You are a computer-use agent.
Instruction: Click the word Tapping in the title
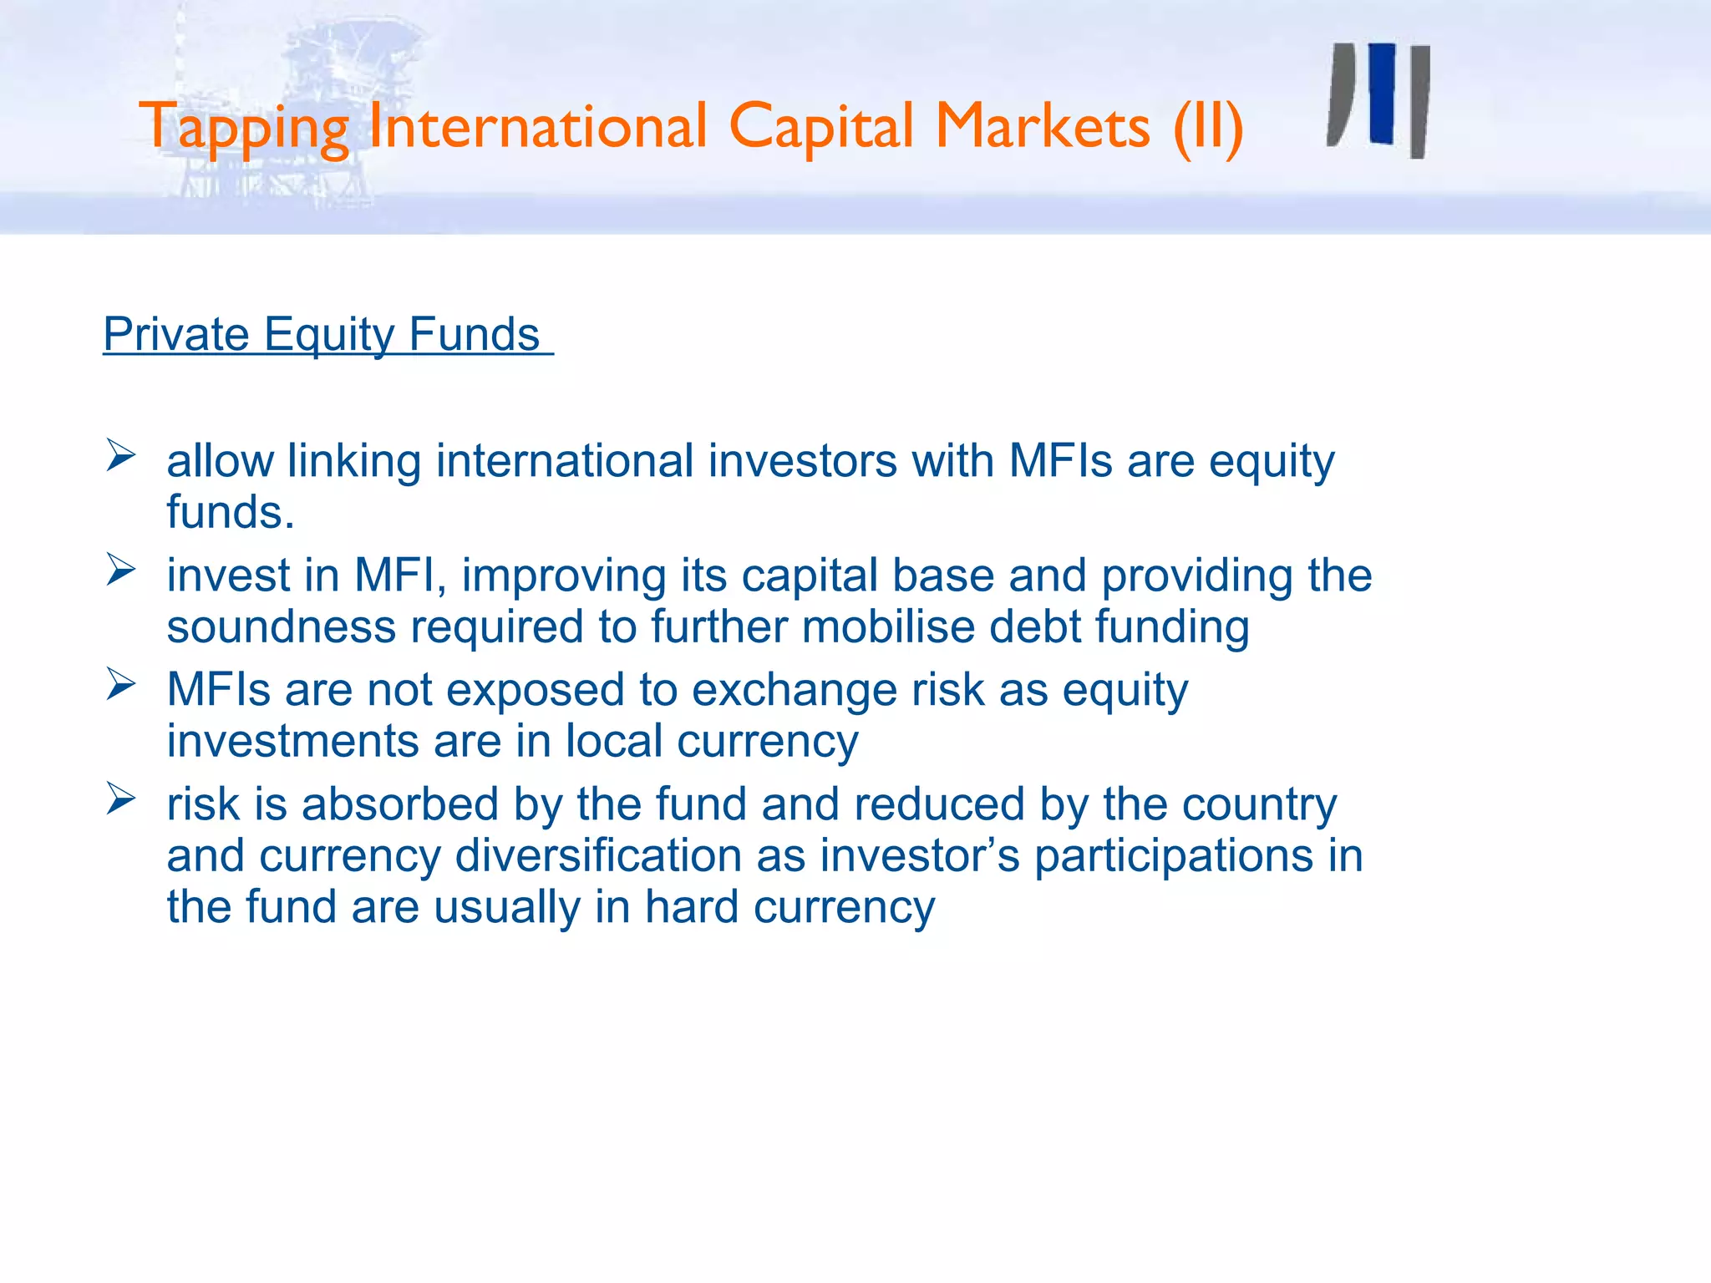click(x=243, y=128)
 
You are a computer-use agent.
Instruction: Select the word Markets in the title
click(x=1043, y=127)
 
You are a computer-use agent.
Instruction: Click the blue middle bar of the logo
click(x=1383, y=94)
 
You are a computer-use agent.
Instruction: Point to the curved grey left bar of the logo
click(x=1341, y=96)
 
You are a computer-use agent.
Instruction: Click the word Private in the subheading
click(x=176, y=334)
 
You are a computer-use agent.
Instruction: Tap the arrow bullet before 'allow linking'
click(x=121, y=456)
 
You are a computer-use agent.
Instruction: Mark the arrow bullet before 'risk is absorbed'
click(x=121, y=799)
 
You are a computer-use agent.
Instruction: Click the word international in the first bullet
click(x=565, y=461)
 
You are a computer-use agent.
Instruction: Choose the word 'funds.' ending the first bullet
click(x=231, y=512)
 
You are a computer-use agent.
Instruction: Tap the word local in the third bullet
click(x=614, y=741)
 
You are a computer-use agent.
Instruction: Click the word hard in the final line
click(x=692, y=907)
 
